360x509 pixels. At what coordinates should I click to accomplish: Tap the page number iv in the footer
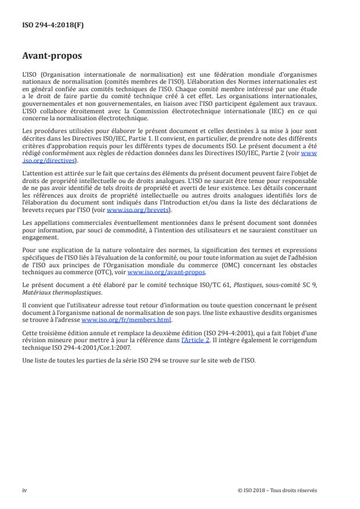tap(24, 490)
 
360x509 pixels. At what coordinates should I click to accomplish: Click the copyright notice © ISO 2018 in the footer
tap(278, 490)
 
